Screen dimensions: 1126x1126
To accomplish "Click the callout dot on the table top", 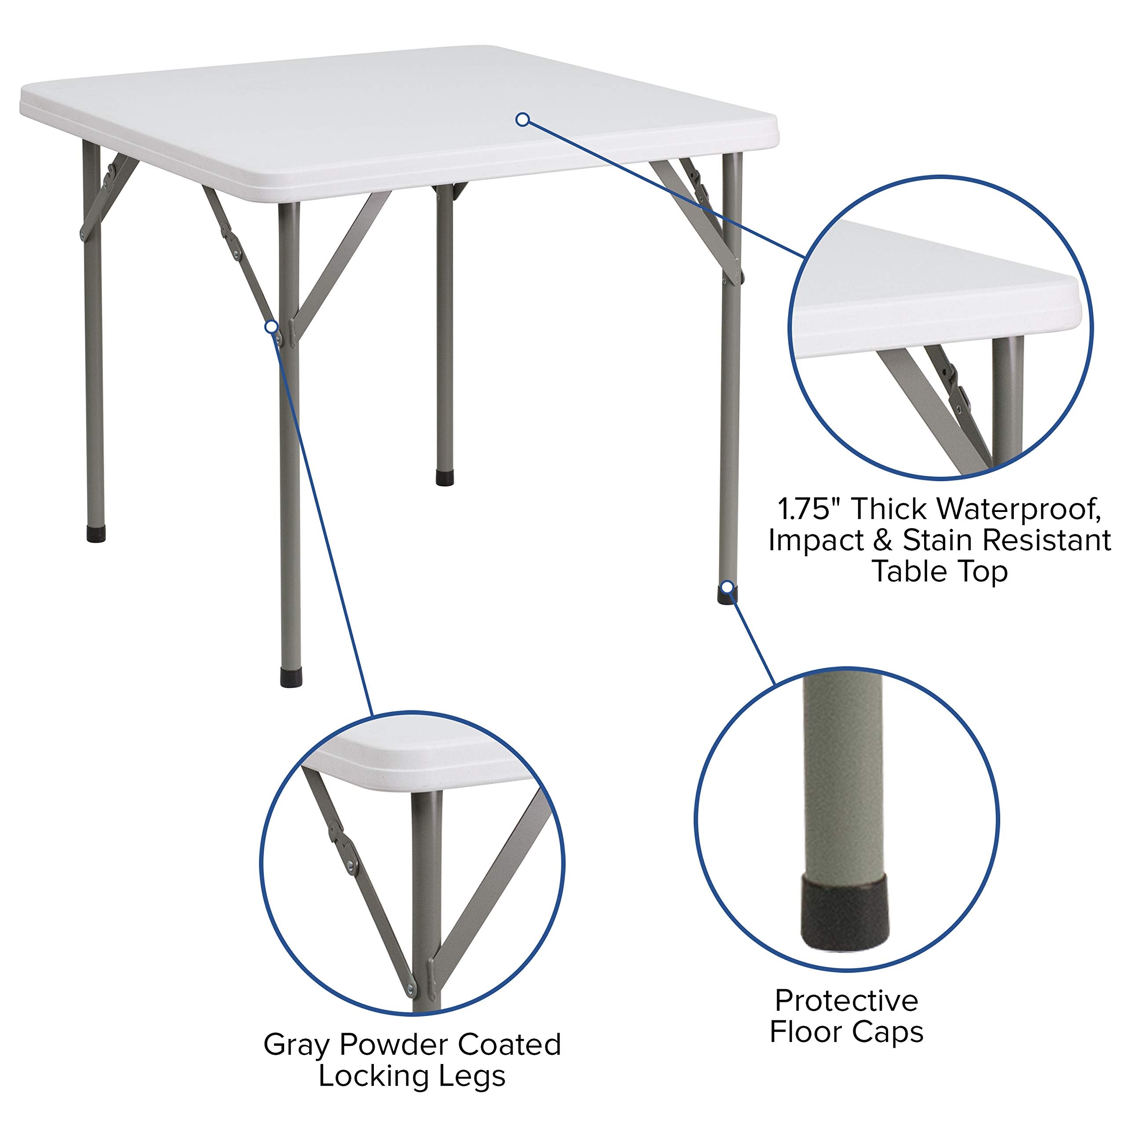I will click(523, 120).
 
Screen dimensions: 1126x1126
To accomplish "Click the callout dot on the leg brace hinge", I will click(271, 326).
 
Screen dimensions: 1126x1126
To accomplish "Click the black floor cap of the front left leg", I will click(291, 678).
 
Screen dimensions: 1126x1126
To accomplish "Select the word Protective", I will click(846, 1001).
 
